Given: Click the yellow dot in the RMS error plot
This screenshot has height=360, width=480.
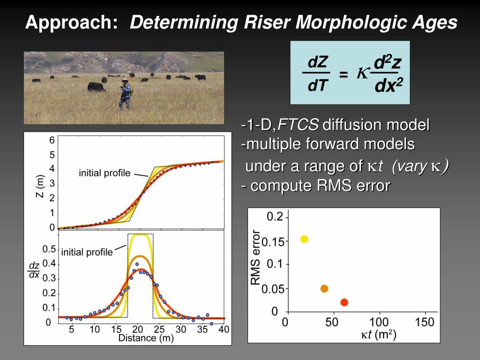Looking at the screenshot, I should [x=304, y=239].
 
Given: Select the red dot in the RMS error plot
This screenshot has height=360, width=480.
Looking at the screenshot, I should [x=344, y=302].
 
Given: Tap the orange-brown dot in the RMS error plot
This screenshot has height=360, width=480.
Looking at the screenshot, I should [x=324, y=288].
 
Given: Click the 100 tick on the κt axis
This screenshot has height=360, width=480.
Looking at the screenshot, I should [x=379, y=322].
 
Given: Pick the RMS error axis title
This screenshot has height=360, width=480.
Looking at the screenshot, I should [x=255, y=257].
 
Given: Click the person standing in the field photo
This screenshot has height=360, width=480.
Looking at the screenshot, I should [x=125, y=94].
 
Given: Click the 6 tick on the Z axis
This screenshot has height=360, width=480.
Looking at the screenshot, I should [x=52, y=140].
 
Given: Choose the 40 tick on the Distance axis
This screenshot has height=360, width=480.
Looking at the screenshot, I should [x=224, y=330].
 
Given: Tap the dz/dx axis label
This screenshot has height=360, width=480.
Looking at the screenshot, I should [x=34, y=270].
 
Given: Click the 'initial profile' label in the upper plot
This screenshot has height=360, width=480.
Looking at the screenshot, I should [x=105, y=173].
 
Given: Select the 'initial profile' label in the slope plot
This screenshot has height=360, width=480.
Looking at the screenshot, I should [x=87, y=252].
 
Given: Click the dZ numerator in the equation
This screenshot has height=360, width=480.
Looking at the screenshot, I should [x=317, y=62].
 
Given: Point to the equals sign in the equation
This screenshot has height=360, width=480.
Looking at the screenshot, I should [x=344, y=75].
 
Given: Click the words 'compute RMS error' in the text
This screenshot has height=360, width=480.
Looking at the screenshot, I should [x=320, y=186].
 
